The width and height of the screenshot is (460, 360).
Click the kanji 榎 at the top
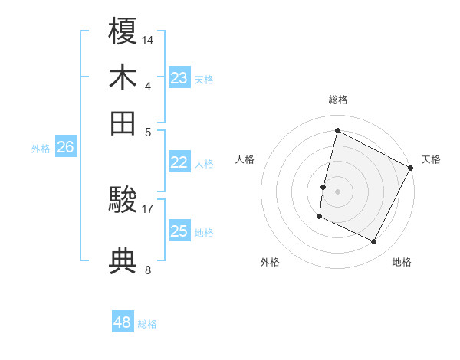pos(123,31)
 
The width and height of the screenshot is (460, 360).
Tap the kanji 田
pos(123,123)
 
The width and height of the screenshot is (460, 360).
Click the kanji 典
pos(123,261)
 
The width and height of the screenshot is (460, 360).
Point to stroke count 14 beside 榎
pos(148,39)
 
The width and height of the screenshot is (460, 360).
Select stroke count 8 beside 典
pos(148,269)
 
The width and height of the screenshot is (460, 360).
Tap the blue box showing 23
pos(179,77)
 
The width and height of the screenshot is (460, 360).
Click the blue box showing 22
pos(179,162)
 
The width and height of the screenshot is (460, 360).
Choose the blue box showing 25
pos(179,231)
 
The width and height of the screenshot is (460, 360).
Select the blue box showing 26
pos(65,147)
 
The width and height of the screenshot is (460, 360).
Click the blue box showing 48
pos(123,322)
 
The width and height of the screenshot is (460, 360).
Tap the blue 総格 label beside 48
pos(147,324)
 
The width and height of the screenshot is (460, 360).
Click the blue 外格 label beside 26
pos(41,149)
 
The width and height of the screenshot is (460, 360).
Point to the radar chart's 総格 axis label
pos(338,100)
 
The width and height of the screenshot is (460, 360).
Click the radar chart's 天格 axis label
pos(431,159)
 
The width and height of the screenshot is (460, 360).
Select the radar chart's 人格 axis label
pos(245,159)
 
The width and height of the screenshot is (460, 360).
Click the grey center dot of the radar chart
pos(337,191)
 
